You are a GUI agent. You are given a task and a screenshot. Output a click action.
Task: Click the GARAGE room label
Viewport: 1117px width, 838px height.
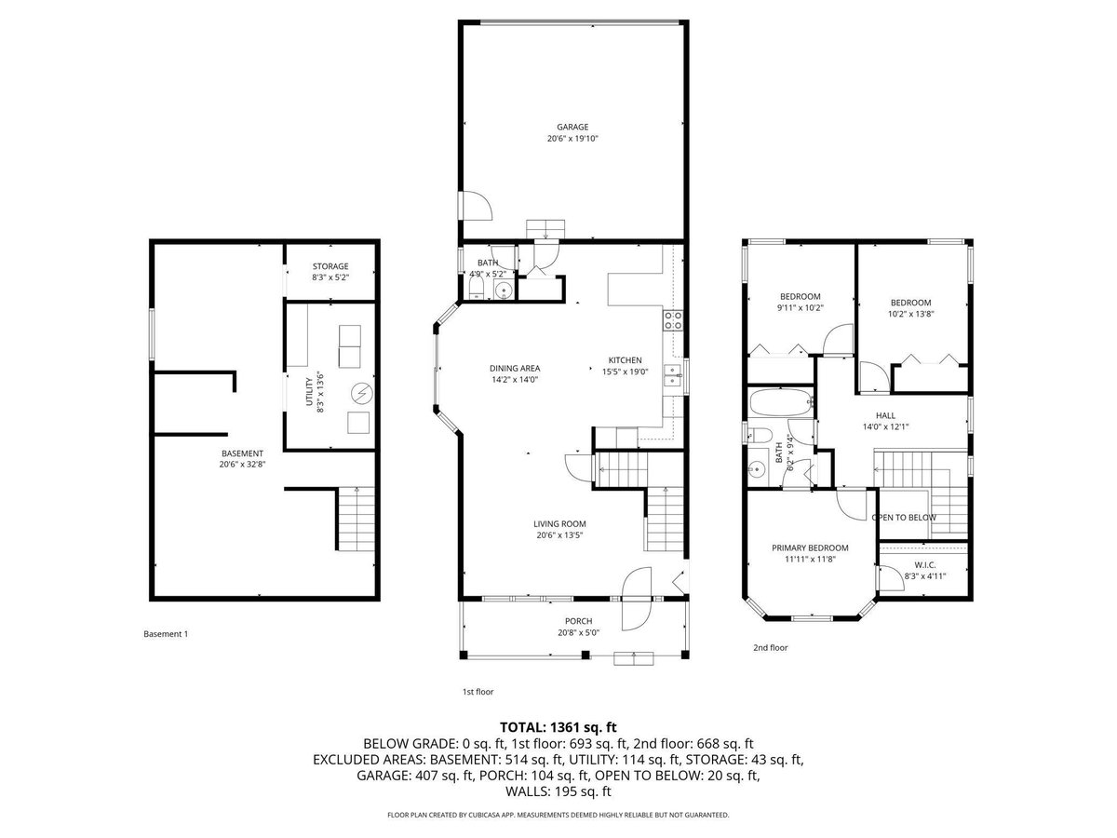(x=572, y=127)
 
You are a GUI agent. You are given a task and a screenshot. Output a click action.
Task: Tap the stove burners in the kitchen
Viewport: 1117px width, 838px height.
(x=673, y=320)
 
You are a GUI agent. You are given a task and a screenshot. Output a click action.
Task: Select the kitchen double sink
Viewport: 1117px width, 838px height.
(x=674, y=375)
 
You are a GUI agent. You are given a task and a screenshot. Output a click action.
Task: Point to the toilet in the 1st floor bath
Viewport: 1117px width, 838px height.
(x=476, y=290)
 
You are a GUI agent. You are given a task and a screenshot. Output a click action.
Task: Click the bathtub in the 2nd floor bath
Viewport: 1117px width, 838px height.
(x=781, y=402)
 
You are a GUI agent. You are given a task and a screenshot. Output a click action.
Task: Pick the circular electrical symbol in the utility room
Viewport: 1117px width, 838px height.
(x=362, y=393)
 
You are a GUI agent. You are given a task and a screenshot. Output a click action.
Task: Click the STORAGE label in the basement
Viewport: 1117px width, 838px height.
(x=330, y=266)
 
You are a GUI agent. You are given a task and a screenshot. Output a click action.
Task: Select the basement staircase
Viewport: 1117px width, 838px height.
(x=357, y=519)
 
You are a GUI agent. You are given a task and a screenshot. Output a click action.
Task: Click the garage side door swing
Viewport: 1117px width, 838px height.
(x=477, y=206)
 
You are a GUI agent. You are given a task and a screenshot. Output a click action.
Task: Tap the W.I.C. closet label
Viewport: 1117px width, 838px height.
(x=924, y=565)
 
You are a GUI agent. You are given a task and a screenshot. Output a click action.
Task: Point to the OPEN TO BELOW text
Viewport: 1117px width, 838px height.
(x=904, y=518)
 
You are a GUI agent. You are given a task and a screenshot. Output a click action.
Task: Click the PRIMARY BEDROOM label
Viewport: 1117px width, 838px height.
(x=810, y=548)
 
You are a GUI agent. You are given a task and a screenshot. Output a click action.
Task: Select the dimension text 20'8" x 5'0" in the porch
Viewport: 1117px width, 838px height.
(x=578, y=632)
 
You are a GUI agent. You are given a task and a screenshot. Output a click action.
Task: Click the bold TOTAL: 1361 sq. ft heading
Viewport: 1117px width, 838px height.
(x=558, y=727)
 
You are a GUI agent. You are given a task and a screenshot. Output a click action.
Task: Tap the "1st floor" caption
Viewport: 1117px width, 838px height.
(x=478, y=692)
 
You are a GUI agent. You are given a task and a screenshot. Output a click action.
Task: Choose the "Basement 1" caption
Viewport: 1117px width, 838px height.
(x=166, y=634)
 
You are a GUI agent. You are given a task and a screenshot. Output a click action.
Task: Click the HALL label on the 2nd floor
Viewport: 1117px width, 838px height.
(x=885, y=415)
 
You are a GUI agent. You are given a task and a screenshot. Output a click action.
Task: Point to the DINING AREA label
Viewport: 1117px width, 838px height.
(x=515, y=368)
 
